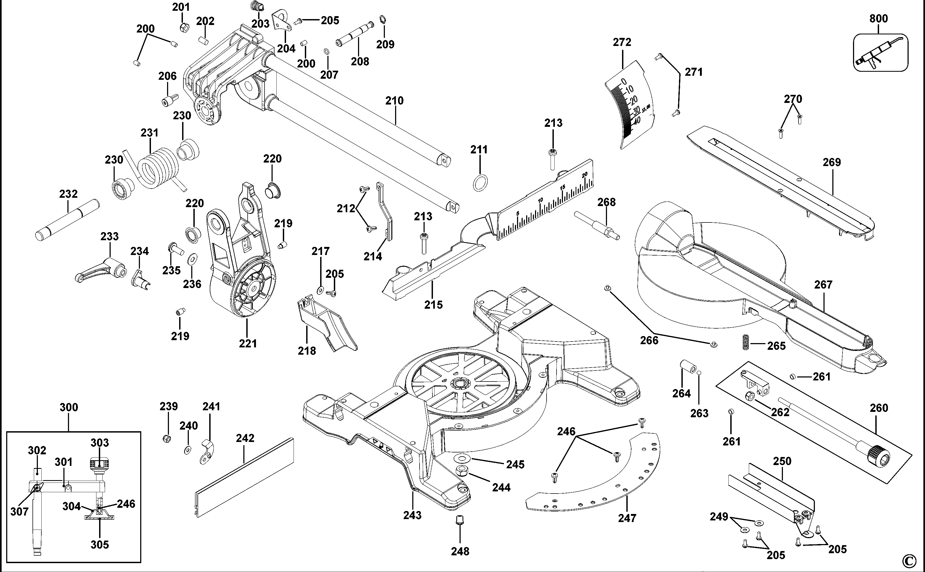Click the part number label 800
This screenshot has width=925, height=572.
pos(879,19)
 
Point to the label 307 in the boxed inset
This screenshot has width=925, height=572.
pos(19,512)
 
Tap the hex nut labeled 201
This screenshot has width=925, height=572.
pos(183,27)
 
